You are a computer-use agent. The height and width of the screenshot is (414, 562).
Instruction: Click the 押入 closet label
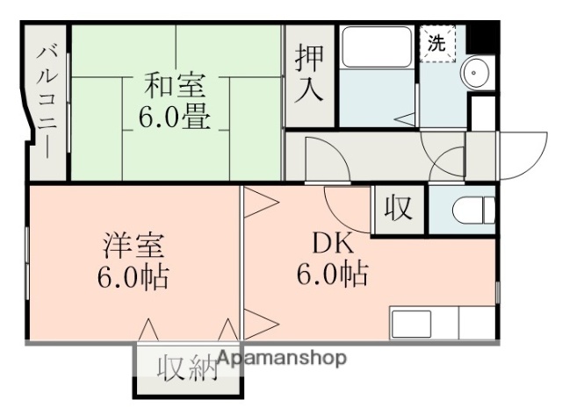click(x=309, y=74)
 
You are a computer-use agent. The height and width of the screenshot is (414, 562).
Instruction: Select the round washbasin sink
click(x=479, y=71)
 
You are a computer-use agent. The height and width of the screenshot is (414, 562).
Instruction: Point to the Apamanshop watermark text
click(x=281, y=359)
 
